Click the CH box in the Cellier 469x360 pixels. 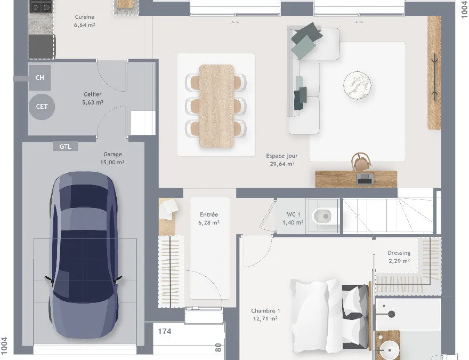39,78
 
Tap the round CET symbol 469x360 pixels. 42,107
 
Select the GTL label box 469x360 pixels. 65,146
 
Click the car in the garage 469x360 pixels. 84,255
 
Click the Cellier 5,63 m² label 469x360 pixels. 93,98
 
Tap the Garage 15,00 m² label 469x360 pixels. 112,158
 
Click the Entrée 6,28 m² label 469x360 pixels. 209,219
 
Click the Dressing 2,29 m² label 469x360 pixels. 399,257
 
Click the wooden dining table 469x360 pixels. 216,106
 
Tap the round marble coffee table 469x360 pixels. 357,85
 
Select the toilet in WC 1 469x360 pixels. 322,216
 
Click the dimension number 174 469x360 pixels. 165,331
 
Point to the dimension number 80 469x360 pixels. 218,348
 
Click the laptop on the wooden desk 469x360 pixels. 365,179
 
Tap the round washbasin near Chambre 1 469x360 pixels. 389,350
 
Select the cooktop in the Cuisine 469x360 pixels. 41,6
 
